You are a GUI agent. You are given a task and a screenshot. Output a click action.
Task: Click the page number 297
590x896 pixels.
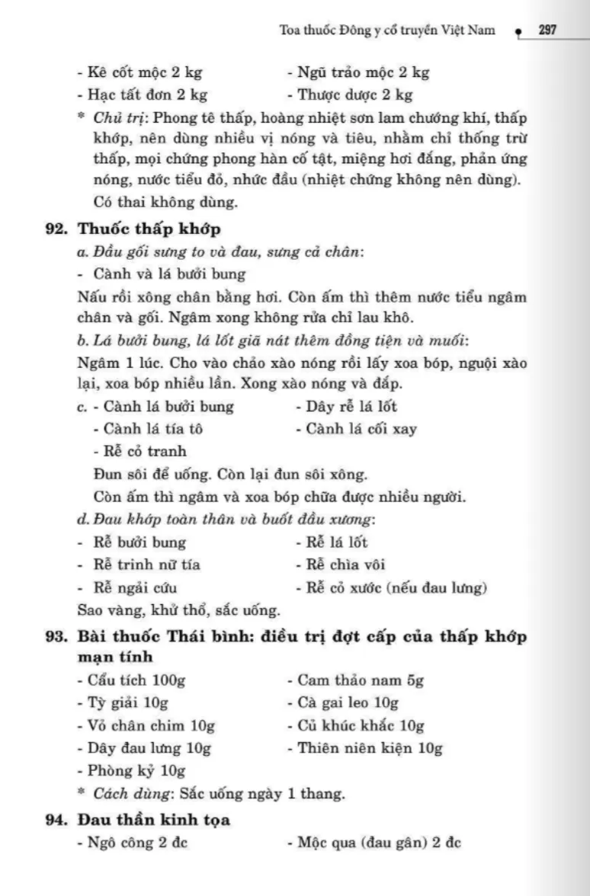click(546, 30)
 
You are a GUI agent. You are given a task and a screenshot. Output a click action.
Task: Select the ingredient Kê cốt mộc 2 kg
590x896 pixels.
click(139, 73)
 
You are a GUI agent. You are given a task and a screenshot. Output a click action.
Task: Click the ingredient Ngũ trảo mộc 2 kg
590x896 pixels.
click(358, 73)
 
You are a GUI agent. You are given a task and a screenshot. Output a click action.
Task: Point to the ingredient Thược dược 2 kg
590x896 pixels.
click(350, 95)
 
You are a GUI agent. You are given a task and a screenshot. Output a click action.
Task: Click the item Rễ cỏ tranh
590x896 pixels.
click(139, 451)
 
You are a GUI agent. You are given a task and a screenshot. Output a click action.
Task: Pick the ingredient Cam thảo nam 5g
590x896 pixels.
click(355, 680)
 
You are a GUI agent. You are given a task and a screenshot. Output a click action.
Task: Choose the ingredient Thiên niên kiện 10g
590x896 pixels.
click(365, 748)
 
